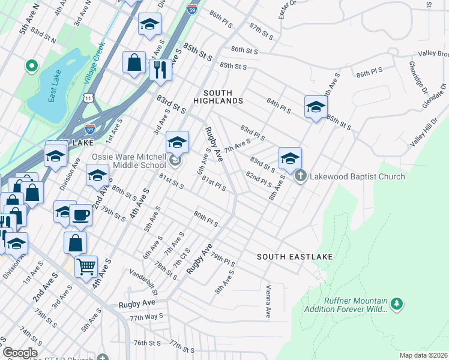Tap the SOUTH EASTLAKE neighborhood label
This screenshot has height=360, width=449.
point(295,257)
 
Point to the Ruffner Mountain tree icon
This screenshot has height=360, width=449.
point(396,305)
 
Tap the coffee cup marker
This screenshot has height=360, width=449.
point(80,214)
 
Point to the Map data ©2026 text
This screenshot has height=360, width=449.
point(423,355)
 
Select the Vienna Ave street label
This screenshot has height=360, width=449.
point(268,302)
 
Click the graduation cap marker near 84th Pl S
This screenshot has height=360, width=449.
point(315,107)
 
